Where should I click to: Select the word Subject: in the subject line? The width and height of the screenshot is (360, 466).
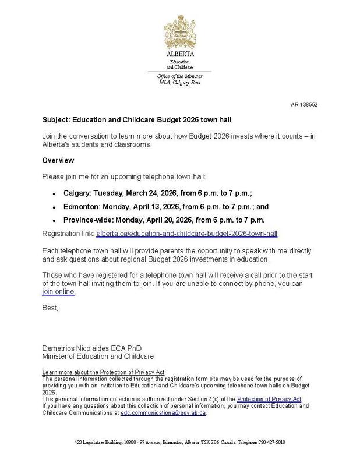click(x=56, y=120)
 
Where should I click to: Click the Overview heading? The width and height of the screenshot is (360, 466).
click(x=58, y=160)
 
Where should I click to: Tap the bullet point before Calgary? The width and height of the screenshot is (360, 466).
click(x=54, y=193)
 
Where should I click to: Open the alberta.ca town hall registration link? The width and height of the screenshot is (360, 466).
click(x=186, y=233)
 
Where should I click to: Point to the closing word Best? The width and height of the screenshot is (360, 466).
click(x=51, y=307)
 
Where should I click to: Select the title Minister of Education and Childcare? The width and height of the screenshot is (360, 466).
click(x=98, y=356)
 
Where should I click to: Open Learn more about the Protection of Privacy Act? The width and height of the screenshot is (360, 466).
click(x=104, y=372)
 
